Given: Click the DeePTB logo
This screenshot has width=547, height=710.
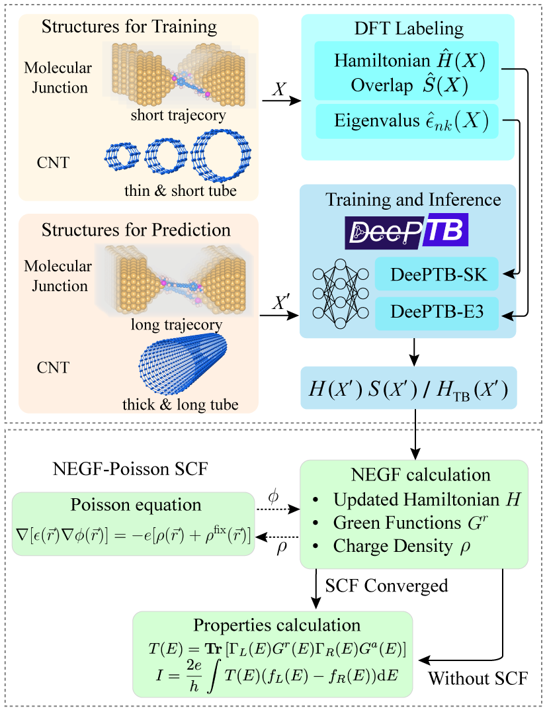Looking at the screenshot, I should pos(407,230).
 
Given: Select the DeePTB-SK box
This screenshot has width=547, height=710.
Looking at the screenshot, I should pos(437,275).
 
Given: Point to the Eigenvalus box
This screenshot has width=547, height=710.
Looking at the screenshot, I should pos(406,121).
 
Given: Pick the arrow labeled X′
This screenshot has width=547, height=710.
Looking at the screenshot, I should pos(278,315).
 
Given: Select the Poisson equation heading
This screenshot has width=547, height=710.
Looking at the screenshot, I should pos(135,504).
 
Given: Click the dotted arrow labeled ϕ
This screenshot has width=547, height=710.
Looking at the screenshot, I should pos(277,510).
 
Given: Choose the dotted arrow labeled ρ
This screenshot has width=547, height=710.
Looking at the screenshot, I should pos(277,537).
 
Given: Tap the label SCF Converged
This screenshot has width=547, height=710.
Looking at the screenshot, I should pos(386,586).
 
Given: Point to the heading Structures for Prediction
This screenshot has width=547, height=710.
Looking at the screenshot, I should pos(136,230).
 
